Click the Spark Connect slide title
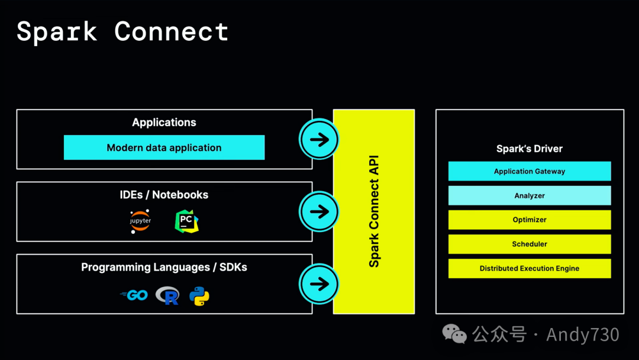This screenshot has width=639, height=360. [x=122, y=31]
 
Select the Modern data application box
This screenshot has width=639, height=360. [x=164, y=147]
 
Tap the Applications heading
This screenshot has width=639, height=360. [x=164, y=123]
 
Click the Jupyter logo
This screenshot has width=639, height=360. [x=141, y=221]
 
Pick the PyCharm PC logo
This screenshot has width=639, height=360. [x=186, y=221]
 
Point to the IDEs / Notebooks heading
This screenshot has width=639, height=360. [x=164, y=195]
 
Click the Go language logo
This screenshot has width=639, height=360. [x=134, y=295]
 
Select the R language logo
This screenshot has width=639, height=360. [x=167, y=295]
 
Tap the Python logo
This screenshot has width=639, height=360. [x=199, y=295]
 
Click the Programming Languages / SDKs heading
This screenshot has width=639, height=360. [x=164, y=268]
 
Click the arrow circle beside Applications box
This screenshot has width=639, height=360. [x=319, y=140]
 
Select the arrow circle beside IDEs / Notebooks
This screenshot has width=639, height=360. [x=319, y=211]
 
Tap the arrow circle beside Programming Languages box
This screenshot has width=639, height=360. [x=319, y=284]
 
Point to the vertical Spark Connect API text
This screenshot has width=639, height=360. [x=374, y=211]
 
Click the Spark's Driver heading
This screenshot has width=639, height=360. [x=530, y=149]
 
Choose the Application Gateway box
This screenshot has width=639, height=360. [x=530, y=171]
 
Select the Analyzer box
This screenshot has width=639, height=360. [x=530, y=195]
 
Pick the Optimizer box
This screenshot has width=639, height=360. [x=530, y=220]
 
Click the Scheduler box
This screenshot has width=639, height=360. [x=530, y=244]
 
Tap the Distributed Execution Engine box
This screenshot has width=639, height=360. [x=530, y=268]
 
